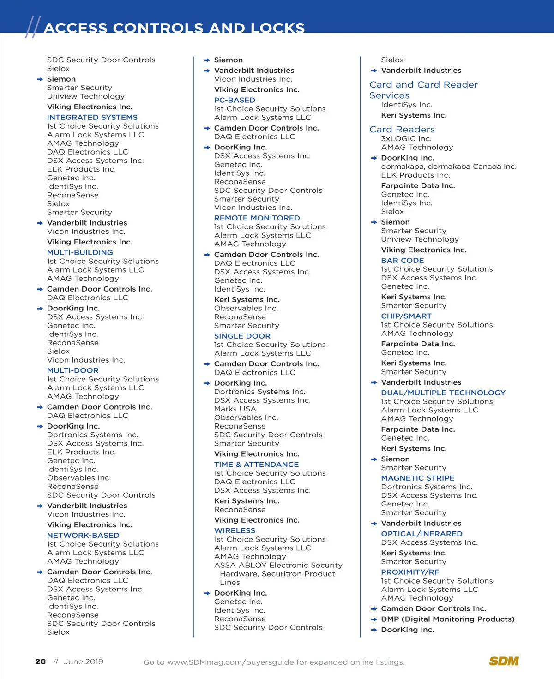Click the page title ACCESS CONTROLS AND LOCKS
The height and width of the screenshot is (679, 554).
[174, 28]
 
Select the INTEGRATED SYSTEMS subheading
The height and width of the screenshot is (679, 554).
[92, 118]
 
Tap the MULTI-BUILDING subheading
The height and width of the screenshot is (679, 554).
[80, 253]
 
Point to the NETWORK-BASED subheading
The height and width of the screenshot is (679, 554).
[83, 536]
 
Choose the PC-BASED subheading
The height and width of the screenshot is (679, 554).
[235, 100]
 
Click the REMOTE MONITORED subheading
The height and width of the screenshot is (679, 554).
[257, 218]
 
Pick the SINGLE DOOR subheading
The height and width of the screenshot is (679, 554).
[242, 336]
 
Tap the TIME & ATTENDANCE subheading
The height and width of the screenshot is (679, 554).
[256, 465]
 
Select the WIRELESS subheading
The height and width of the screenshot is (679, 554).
[235, 531]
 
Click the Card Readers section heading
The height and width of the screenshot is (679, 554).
[402, 130]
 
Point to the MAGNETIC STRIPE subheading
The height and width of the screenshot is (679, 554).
[418, 478]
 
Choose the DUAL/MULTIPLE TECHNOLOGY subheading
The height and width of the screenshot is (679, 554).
[443, 393]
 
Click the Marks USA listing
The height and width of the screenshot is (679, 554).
[235, 409]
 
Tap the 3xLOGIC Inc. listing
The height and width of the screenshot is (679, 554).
[406, 139]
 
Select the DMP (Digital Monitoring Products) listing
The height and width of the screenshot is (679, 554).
[447, 619]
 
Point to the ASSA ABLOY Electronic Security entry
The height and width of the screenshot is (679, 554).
[278, 566]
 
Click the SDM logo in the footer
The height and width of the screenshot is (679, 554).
[504, 661]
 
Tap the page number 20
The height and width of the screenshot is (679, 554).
[41, 662]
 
